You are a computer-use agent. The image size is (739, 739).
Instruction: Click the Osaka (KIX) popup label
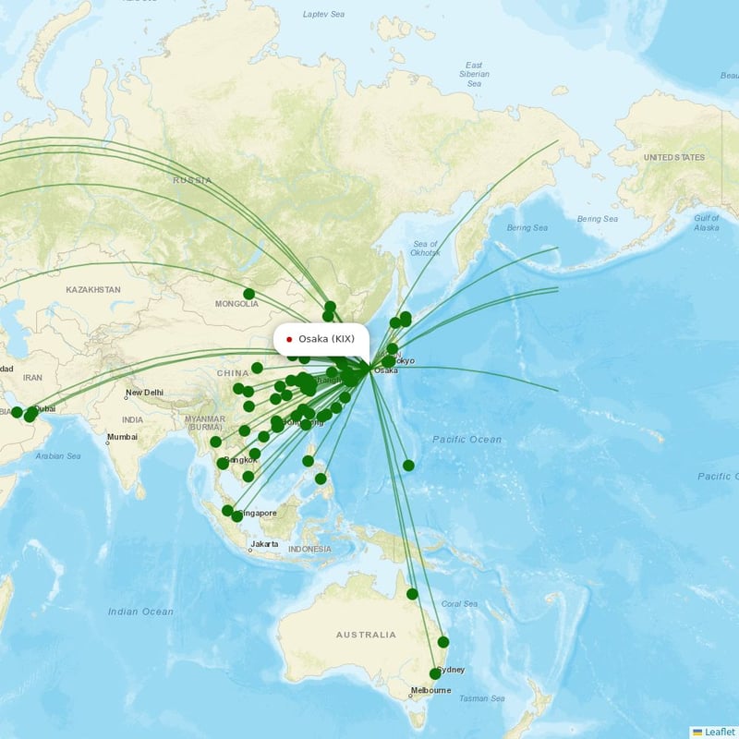click(x=321, y=339)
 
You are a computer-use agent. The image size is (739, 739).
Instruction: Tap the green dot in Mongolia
click(x=248, y=294)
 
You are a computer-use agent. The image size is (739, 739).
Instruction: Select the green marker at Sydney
click(x=435, y=674)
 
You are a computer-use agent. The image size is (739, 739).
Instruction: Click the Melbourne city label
click(x=430, y=690)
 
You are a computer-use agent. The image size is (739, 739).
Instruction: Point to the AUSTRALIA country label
click(x=366, y=635)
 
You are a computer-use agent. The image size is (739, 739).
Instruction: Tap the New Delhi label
click(x=144, y=393)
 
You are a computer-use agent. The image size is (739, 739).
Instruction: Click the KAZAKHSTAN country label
click(x=93, y=290)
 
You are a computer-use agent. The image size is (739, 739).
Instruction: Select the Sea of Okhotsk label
click(x=424, y=247)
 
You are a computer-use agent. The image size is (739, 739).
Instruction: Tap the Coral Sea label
click(x=459, y=604)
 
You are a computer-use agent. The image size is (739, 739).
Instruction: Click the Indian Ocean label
click(x=140, y=612)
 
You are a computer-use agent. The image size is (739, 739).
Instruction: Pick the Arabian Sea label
click(x=57, y=455)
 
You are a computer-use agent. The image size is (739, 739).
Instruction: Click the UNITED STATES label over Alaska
click(x=673, y=158)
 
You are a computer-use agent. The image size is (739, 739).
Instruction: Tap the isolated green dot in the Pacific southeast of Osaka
click(x=408, y=466)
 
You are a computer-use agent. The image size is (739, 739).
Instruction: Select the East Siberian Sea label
click(x=474, y=74)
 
